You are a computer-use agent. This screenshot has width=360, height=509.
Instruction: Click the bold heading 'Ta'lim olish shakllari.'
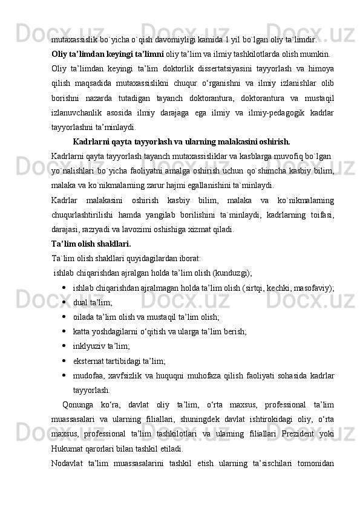91,244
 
